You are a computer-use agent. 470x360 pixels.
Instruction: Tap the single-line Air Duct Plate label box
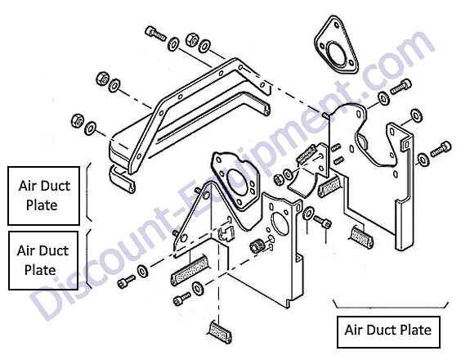tap(388, 332)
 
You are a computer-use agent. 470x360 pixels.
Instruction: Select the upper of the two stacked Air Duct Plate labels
tap(44, 196)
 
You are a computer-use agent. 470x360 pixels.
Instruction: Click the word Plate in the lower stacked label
tap(40, 270)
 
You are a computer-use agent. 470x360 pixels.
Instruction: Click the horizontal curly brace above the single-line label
tap(391, 305)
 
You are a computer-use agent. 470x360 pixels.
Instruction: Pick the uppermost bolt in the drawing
tap(155, 34)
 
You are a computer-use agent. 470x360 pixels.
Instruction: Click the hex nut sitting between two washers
tap(192, 39)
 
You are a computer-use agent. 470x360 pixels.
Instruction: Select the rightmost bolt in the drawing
tap(441, 149)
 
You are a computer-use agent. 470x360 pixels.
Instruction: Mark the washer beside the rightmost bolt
tap(423, 160)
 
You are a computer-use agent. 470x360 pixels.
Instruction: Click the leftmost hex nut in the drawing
tap(78, 120)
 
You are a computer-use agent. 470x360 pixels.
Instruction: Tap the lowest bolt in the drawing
tap(181, 299)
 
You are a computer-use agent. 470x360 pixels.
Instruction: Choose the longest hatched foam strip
tap(190, 271)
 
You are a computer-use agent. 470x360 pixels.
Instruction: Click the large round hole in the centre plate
tap(280, 223)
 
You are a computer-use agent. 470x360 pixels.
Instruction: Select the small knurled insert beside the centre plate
tap(257, 245)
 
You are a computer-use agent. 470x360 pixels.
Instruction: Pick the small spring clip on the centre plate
tap(226, 232)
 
